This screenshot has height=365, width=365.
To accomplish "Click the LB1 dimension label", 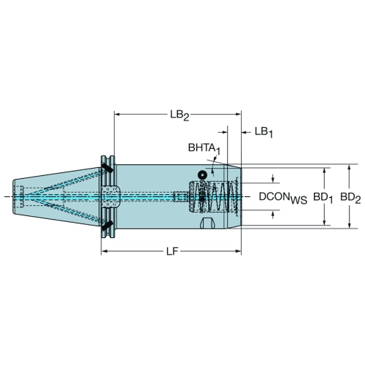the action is coord(264,132).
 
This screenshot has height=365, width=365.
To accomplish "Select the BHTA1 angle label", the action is coord(204,148).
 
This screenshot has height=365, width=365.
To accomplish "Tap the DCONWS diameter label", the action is coord(283,197).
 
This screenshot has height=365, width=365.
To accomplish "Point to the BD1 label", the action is coord(323,197).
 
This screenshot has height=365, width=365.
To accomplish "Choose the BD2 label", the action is coord(350,197).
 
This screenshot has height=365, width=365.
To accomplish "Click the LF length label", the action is coord(172,251).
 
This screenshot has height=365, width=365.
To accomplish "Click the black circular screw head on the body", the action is coord(202,174).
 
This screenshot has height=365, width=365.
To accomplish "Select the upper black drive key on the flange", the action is coord(107,168).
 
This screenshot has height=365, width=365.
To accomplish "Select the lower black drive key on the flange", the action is coord(107,226).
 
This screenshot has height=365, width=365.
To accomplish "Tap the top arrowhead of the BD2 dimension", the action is coord(350,168).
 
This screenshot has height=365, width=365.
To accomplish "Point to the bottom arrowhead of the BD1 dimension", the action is coord(324,222).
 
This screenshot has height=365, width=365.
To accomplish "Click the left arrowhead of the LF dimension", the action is coord(104,251).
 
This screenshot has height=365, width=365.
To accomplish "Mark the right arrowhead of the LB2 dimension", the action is coord(238,114).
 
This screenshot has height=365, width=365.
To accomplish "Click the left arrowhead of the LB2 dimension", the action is coord(118,114).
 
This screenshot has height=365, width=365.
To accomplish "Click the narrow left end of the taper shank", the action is coord(14,197).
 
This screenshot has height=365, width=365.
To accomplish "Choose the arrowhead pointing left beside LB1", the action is coord(245,132).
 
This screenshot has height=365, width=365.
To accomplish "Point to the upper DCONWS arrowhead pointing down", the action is coord(273,180).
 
